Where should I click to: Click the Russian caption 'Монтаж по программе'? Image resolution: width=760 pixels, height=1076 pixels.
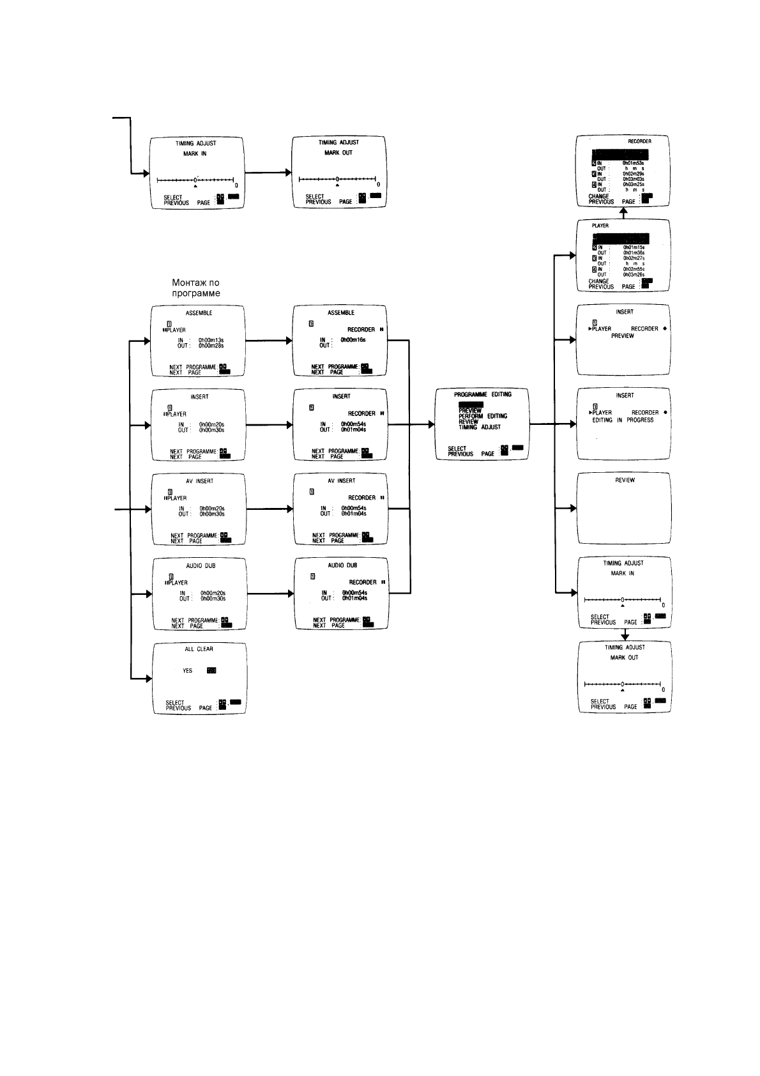coord(196,288)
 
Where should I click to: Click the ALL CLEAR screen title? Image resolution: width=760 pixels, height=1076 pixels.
coord(199,649)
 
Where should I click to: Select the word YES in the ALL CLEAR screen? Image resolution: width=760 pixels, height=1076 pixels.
coord(188,671)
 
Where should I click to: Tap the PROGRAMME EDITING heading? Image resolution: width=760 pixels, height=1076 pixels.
coord(482,394)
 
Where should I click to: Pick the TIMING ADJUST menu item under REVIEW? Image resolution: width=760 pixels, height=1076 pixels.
coord(479,427)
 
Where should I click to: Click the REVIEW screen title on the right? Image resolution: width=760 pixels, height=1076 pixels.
coord(625,480)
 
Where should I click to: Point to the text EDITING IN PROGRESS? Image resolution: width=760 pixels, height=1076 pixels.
coord(623,420)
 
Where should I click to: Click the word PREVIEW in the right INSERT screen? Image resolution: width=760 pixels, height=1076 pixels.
coord(622,335)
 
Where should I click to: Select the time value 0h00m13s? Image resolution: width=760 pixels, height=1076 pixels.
coord(211,340)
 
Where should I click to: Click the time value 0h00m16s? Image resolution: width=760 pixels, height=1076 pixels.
coord(353,340)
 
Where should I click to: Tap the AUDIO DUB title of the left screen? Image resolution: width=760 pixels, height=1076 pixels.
coord(200,566)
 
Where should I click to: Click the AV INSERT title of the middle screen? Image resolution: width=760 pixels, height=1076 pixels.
coord(341,480)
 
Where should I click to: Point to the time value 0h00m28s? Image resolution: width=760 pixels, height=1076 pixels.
coord(211,346)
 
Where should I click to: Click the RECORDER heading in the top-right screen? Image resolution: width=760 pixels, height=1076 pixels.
coord(639,141)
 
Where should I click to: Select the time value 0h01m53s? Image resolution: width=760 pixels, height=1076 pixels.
coord(633,163)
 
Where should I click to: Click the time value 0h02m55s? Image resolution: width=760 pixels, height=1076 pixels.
coord(634,270)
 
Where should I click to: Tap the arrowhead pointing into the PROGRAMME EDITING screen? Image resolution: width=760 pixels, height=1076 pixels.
coord(431,424)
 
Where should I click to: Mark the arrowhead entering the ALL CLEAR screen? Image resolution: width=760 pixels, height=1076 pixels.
coord(148,679)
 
